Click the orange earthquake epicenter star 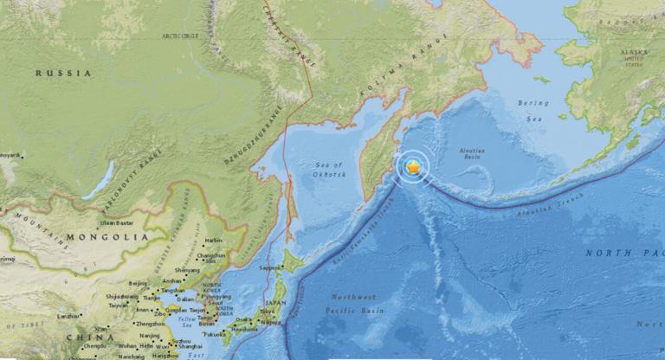coord(415,165)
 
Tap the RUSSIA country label coord(63,74)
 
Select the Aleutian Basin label coord(473,155)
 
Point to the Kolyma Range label coord(424,67)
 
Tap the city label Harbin coord(213,240)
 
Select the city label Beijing coord(137,283)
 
